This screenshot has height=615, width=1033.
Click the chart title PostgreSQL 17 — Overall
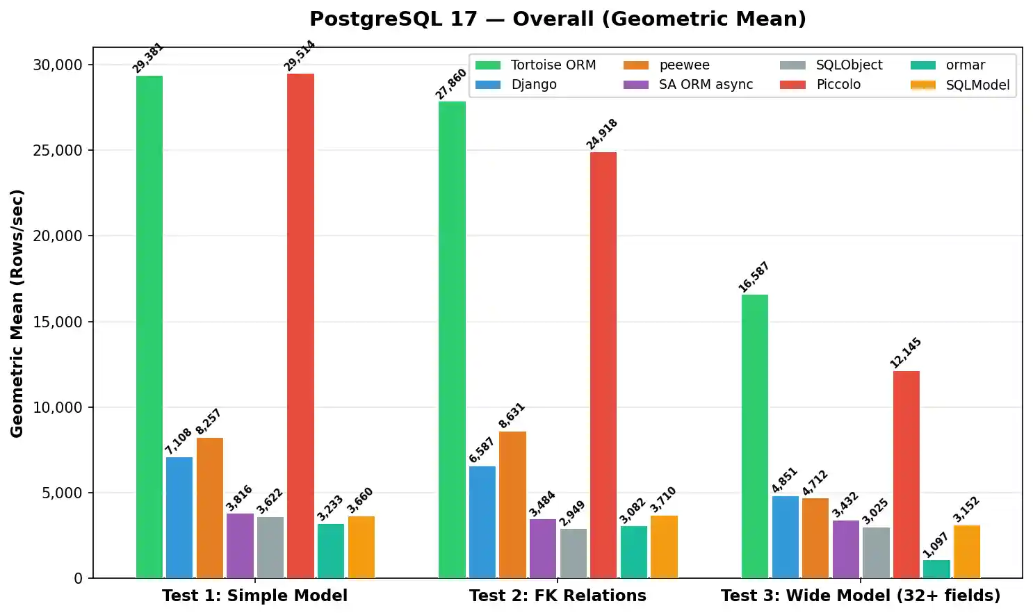click(x=558, y=19)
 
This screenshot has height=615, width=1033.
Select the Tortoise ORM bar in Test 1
click(x=149, y=327)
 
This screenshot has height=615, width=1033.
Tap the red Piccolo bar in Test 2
click(x=603, y=365)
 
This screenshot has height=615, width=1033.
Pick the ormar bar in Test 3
click(x=936, y=569)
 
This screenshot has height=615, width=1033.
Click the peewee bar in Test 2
click(x=512, y=505)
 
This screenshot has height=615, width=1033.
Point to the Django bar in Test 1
click(x=179, y=517)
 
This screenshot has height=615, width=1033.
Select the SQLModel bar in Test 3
click(x=967, y=552)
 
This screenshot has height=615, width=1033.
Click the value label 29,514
click(x=300, y=56)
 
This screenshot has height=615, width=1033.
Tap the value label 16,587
click(x=754, y=277)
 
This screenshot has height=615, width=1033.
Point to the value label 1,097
click(x=936, y=545)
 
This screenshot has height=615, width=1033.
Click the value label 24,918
click(x=602, y=134)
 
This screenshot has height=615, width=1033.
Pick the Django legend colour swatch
click(x=488, y=85)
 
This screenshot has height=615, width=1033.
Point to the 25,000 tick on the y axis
click(x=58, y=150)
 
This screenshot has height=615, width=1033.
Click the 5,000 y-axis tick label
click(x=62, y=493)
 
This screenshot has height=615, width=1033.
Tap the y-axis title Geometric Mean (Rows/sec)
click(x=17, y=313)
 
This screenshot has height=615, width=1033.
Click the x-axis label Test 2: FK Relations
click(x=558, y=596)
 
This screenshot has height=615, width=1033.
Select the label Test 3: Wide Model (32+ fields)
click(x=861, y=596)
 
